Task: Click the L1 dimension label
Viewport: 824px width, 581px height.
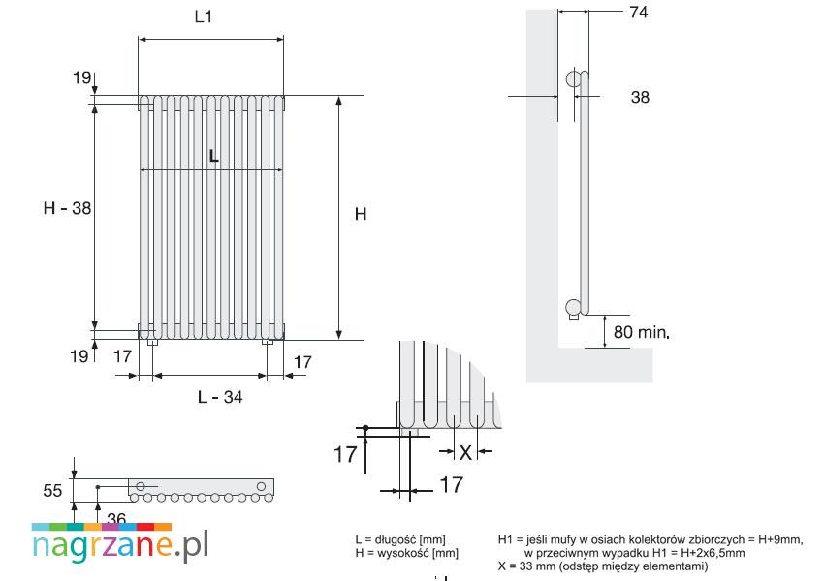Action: pyautogui.click(x=204, y=16)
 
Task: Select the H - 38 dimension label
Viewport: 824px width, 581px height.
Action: pyautogui.click(x=67, y=208)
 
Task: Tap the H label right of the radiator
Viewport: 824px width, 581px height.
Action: pyautogui.click(x=361, y=214)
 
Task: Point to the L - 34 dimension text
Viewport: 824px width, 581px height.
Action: pyautogui.click(x=220, y=397)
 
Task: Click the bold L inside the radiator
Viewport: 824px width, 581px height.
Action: pyautogui.click(x=213, y=156)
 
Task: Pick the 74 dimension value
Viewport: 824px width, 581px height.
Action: pyautogui.click(x=639, y=12)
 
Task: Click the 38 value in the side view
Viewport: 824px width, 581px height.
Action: pyautogui.click(x=640, y=97)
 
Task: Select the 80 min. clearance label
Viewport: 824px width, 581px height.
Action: pyautogui.click(x=642, y=332)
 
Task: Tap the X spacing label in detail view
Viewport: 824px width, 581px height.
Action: pyautogui.click(x=465, y=452)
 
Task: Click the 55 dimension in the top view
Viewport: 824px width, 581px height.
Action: pyautogui.click(x=52, y=491)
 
